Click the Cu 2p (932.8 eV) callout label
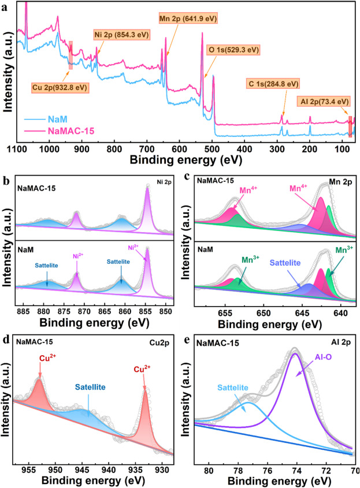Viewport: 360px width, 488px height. [x=60, y=88]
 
